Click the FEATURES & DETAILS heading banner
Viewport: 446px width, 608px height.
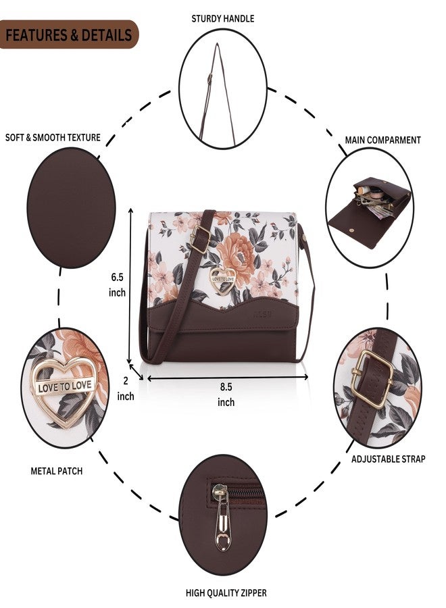coord(69,34)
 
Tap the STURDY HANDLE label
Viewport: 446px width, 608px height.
coord(222,19)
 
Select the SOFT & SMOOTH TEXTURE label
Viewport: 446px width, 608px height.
coord(53,138)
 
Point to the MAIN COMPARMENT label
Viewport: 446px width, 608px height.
coord(382,140)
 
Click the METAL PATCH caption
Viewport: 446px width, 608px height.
coord(57,471)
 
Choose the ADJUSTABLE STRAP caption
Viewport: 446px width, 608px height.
coord(388,459)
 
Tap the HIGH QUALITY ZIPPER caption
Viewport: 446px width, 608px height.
coord(226,593)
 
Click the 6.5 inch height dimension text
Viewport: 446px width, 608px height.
coord(117,284)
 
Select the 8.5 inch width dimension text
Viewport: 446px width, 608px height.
coord(226,395)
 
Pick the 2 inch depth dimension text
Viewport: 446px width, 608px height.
coord(126,388)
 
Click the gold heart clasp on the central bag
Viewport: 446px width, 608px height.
coord(222,280)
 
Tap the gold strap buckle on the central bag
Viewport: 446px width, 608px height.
coord(200,239)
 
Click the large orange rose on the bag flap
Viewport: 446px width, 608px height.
coord(237,253)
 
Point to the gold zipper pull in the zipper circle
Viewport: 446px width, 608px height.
coord(222,518)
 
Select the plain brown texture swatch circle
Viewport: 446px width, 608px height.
coord(71,207)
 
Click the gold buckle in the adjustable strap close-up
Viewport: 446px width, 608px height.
coord(372,379)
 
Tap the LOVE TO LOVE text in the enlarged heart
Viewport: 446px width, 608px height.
coord(65,386)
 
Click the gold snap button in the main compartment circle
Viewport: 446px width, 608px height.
coord(352,230)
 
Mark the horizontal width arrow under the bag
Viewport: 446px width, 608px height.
coord(228,377)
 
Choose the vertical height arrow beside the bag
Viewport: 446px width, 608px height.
coord(130,286)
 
